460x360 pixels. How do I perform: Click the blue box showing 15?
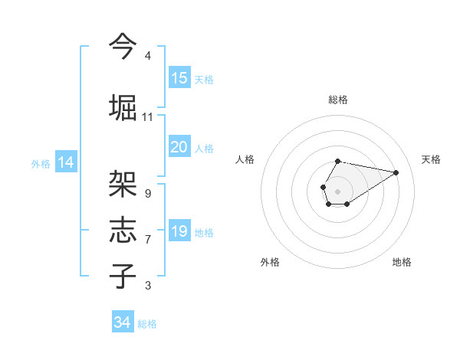(179, 78)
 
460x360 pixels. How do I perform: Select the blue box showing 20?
(179, 147)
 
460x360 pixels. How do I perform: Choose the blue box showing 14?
(65, 162)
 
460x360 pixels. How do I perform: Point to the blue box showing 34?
(122, 322)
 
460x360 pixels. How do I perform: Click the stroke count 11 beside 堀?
(147, 117)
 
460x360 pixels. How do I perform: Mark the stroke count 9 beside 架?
(147, 193)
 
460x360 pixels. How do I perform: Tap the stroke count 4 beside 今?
(147, 56)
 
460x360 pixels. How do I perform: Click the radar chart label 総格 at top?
(337, 100)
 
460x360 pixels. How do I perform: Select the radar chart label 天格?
(431, 159)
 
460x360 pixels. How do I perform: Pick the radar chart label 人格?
(245, 159)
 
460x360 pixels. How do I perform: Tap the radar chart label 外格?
(269, 262)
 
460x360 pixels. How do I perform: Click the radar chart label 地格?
(402, 262)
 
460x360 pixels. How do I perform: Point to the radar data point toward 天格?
(396, 172)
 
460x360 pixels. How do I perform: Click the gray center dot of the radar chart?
(337, 190)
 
